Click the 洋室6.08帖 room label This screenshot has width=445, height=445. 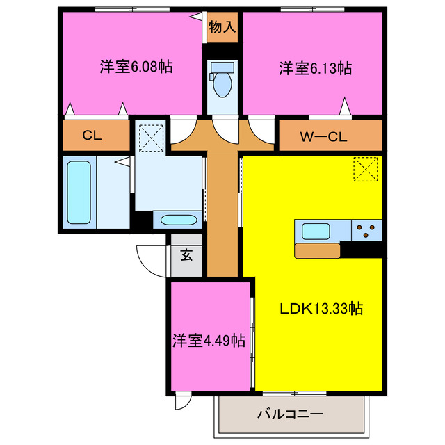click(x=136, y=67)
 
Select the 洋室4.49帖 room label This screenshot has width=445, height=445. click(x=209, y=341)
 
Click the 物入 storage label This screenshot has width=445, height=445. click(x=222, y=27)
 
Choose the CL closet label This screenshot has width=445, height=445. click(x=92, y=136)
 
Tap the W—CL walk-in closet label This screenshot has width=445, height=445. click(x=323, y=136)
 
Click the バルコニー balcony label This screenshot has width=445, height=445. click(x=289, y=414)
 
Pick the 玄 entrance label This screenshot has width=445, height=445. click(x=186, y=254)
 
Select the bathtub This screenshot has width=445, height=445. click(x=79, y=192)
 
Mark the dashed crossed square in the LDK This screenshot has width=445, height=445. click(x=364, y=168)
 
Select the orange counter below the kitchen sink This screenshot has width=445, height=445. click(x=317, y=250)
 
